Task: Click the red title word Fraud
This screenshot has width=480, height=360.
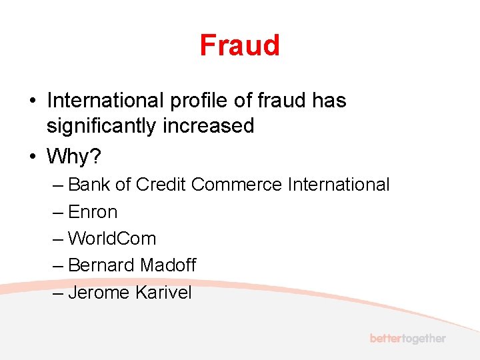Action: point(239,45)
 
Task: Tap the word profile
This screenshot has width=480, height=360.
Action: point(196,101)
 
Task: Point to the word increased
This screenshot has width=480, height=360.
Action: point(209,125)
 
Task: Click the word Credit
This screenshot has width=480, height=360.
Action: point(161,185)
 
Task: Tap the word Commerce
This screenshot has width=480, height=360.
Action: point(237,185)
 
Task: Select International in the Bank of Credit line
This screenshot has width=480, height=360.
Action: point(339,185)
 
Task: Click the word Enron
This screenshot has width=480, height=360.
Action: point(93,212)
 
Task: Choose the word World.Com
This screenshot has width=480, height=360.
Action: point(112,239)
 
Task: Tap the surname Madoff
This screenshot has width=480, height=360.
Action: point(167,265)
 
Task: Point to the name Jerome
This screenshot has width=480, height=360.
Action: point(99,292)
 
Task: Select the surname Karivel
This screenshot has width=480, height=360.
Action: point(163,292)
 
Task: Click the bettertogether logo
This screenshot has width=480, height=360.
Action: point(407,339)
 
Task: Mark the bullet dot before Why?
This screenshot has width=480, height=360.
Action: point(32,157)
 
